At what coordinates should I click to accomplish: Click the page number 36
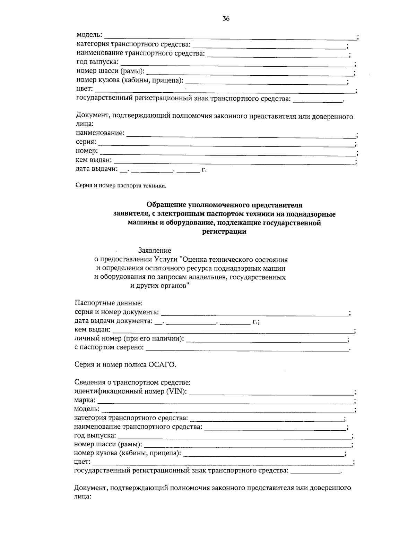[x=226, y=19]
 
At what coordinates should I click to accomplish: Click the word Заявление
[x=155, y=251]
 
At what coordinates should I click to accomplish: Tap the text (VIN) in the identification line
[x=176, y=391]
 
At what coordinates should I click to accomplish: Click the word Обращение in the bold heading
[x=166, y=205]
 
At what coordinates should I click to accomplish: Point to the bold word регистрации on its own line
[x=224, y=232]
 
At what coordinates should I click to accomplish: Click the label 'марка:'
[x=85, y=401]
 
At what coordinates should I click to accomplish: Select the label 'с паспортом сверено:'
[x=109, y=347]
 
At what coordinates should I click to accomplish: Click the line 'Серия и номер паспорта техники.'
[x=121, y=186]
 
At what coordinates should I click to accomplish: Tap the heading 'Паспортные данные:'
[x=109, y=303]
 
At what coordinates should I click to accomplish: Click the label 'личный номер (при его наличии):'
[x=129, y=338]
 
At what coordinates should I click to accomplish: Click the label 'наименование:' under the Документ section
[x=100, y=133]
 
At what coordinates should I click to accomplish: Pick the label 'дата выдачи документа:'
[x=113, y=321]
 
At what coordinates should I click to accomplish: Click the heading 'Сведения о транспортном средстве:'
[x=132, y=382]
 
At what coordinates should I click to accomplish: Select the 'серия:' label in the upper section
[x=86, y=142]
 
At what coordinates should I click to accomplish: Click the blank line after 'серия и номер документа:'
[x=255, y=313]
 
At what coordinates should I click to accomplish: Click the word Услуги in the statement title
[x=165, y=259]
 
